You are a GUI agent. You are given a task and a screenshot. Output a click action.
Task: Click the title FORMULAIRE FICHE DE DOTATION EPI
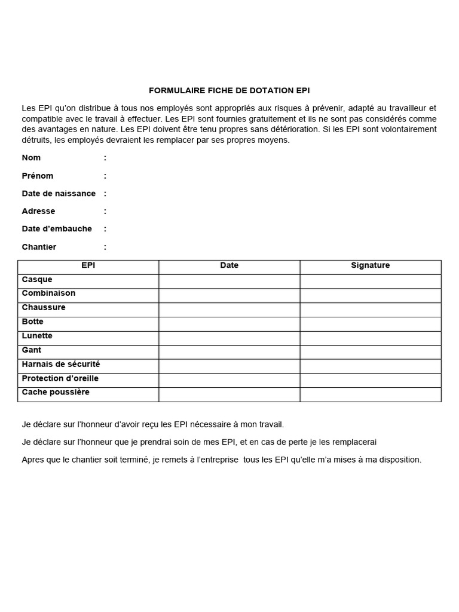(x=229, y=91)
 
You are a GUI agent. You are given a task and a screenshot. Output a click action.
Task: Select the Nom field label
(x=31, y=158)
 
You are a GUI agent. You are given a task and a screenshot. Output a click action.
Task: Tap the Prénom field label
(x=38, y=176)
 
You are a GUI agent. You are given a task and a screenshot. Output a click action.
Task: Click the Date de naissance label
(x=59, y=194)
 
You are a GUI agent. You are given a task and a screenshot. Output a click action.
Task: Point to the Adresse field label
(x=38, y=211)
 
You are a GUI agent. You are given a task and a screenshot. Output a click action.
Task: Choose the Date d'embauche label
(x=57, y=229)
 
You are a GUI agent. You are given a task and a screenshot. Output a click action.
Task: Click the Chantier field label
(x=39, y=247)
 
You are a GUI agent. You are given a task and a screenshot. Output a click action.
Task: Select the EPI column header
(x=88, y=265)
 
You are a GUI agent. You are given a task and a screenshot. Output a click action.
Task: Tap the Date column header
(x=229, y=265)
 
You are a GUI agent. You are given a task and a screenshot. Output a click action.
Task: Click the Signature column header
(x=371, y=265)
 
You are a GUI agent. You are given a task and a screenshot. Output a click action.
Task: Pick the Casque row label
(x=37, y=279)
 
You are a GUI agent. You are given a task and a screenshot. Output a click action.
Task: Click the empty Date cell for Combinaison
(x=229, y=296)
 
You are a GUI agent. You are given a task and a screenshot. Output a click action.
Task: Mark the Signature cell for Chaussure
(x=371, y=310)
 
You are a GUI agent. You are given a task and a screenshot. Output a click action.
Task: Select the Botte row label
(x=33, y=322)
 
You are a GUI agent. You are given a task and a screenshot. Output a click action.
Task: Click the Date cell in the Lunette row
(x=229, y=338)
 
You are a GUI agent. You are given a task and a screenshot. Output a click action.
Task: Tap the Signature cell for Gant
(x=371, y=352)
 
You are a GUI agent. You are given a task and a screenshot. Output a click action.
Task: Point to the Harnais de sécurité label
(x=61, y=364)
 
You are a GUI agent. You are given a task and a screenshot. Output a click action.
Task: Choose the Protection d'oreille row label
(x=60, y=378)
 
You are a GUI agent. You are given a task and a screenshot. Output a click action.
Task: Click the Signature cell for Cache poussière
(x=371, y=394)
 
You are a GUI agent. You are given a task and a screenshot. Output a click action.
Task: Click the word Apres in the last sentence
(x=32, y=460)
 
